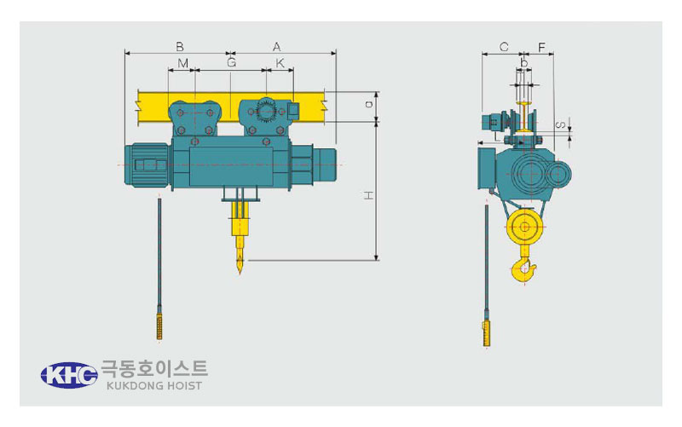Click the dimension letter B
coord(179,47)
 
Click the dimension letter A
coord(276,47)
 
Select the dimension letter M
coord(183,63)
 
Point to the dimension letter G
coord(231,62)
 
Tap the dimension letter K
coord(280,63)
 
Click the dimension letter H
coord(369,196)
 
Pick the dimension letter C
coord(504,47)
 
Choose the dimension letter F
coord(541,47)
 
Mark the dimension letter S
coord(561,125)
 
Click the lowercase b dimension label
coord(524,63)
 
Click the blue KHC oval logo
coord(69,375)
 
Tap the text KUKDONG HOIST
coord(154,386)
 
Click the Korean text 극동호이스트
coord(154,368)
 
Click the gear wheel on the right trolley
coord(266,112)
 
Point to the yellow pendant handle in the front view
coord(159,327)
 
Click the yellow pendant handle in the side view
coord(486,333)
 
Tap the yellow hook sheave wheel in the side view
coord(524,227)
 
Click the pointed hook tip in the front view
coord(240,272)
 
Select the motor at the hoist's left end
coord(147,164)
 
